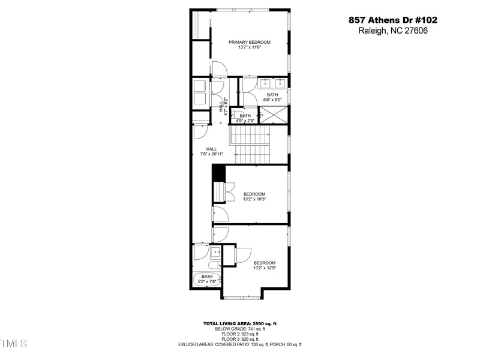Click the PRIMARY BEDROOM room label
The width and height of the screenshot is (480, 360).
point(249,42)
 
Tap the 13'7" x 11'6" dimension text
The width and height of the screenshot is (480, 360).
point(249,47)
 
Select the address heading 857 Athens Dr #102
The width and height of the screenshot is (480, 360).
point(393,20)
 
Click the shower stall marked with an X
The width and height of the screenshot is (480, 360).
point(274,114)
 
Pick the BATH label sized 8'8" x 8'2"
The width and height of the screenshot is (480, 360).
point(272,95)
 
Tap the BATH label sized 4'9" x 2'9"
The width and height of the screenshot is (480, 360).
point(245,116)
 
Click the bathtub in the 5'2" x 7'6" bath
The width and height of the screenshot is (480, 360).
point(206,280)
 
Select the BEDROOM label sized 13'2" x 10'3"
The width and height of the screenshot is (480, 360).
point(254,194)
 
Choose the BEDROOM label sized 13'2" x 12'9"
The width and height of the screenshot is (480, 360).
point(264,263)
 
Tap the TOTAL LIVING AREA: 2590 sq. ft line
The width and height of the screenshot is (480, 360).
point(239,324)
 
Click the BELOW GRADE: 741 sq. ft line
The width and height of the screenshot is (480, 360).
point(239,329)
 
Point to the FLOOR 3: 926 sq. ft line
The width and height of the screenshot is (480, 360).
point(239,339)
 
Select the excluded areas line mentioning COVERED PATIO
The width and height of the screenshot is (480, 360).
point(239,344)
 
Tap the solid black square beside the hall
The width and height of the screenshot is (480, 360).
point(218,172)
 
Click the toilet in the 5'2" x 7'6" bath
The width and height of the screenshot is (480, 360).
point(212,266)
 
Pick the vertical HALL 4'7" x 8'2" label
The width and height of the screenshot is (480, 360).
point(223,106)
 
